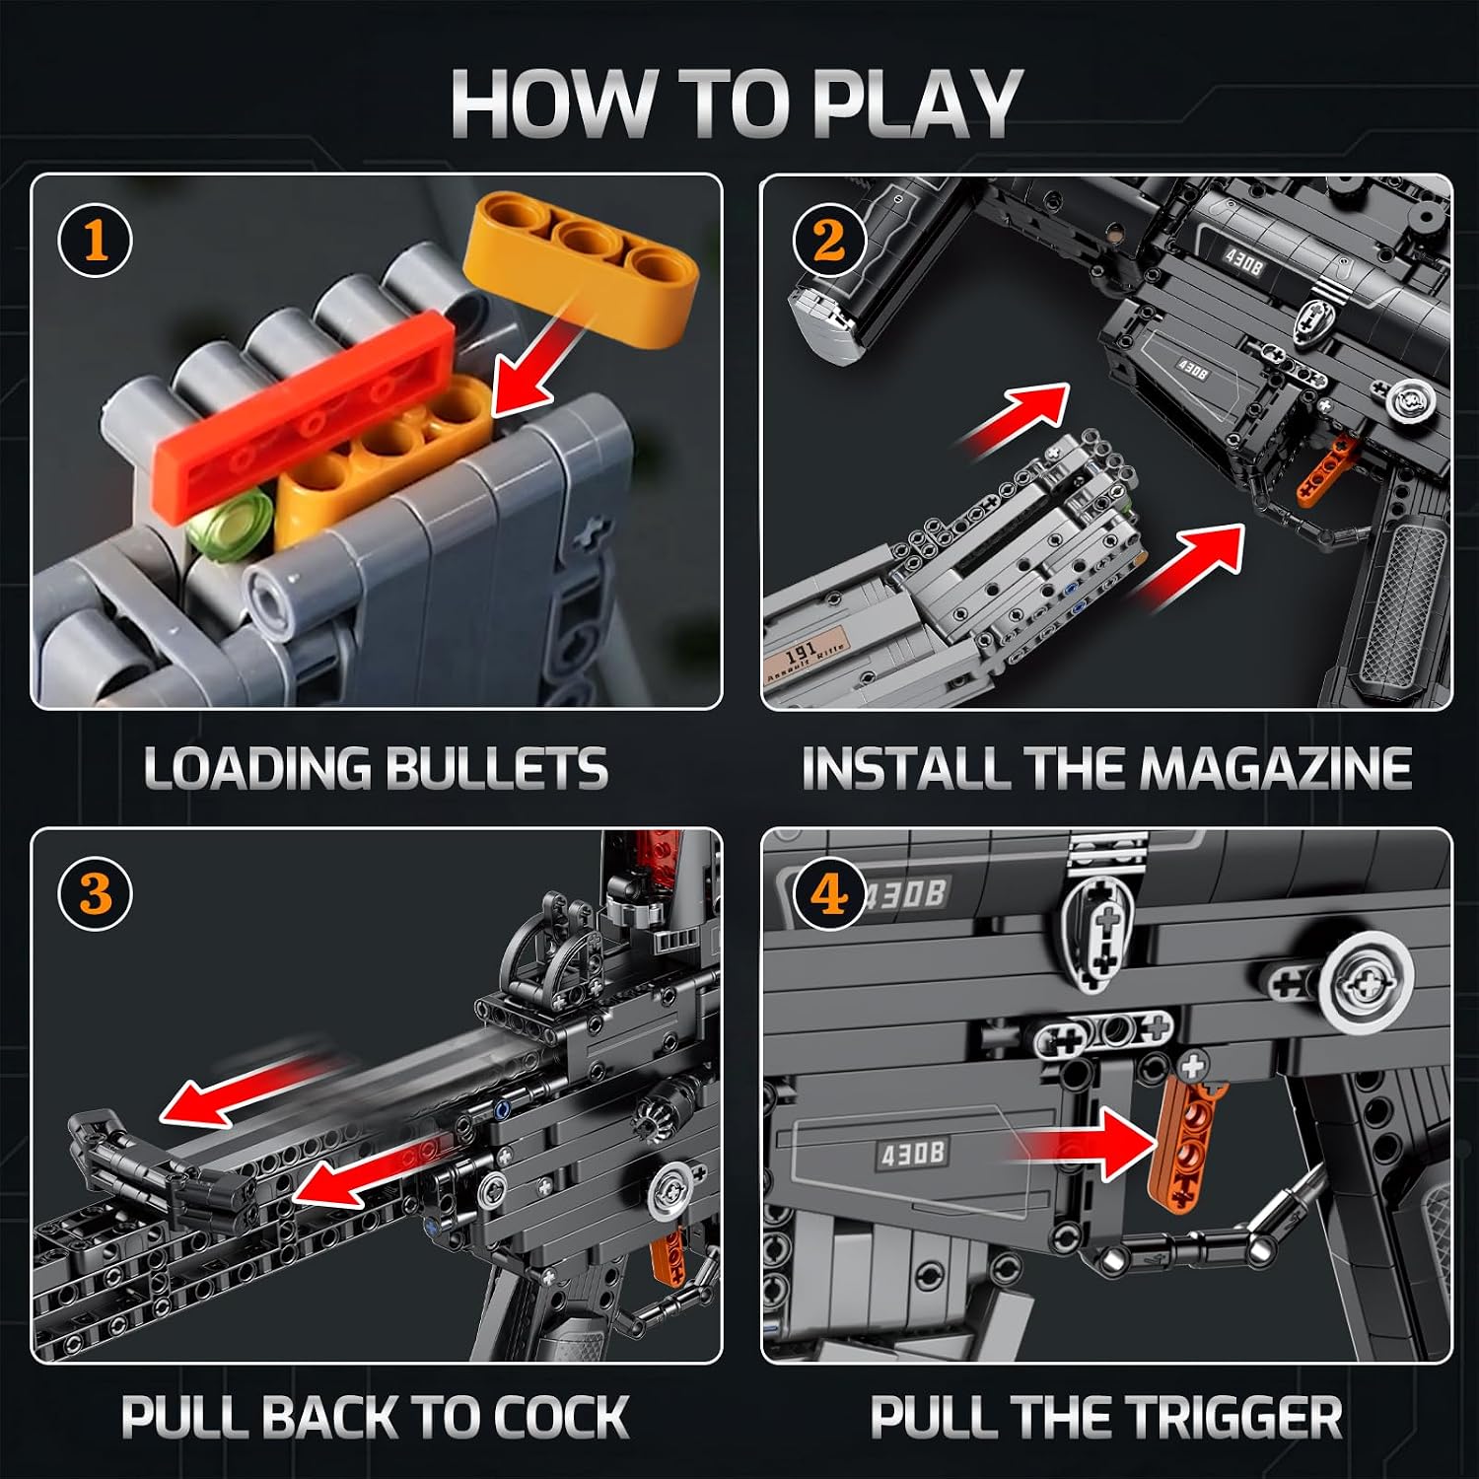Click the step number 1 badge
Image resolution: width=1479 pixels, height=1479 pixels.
96,241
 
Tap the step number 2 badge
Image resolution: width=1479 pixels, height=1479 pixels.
829,241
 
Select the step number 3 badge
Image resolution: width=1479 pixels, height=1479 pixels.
96,894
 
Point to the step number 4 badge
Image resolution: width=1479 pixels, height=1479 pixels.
829,894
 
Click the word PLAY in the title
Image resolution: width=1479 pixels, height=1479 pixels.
917,104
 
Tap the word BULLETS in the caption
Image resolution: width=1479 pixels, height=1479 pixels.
496,769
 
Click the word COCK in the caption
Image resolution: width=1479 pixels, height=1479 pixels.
560,1418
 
